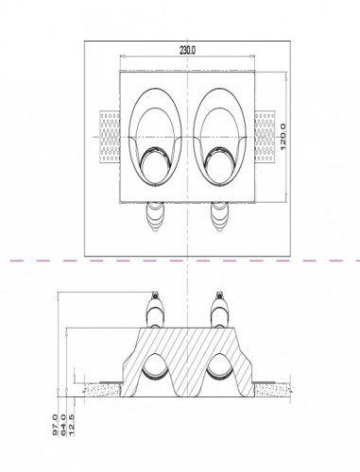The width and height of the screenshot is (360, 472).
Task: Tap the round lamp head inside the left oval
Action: [155, 170]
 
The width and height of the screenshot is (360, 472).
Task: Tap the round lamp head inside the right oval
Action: [223, 170]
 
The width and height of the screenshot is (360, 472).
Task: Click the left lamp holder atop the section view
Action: [156, 311]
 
